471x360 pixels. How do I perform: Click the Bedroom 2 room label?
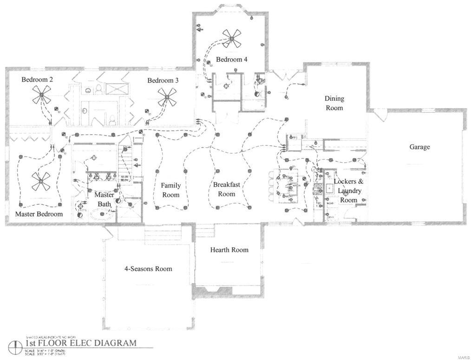37,79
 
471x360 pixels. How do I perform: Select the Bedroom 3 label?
163,80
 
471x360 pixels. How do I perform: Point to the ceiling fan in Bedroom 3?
167,97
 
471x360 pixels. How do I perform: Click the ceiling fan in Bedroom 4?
231,39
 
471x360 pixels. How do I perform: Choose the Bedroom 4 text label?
232,59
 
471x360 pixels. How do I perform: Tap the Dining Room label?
334,103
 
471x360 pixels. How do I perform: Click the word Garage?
419,147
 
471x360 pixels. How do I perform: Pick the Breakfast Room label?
227,189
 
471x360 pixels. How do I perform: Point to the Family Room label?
171,190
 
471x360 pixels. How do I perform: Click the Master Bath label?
104,199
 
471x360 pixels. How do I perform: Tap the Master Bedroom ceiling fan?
40,181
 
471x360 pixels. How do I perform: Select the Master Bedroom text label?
39,214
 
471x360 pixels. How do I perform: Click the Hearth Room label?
229,250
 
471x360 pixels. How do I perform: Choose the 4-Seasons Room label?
148,269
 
